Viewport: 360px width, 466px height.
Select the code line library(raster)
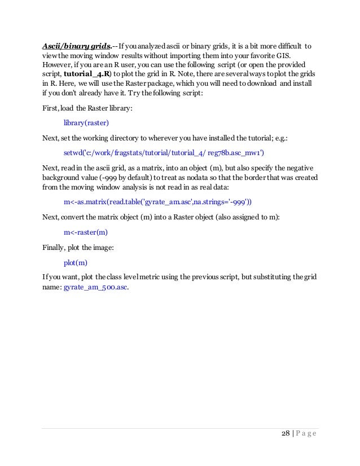click(x=86, y=121)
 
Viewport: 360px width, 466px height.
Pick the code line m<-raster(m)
click(x=86, y=232)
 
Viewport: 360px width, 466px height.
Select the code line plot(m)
click(x=76, y=262)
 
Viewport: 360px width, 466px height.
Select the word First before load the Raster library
click(x=50, y=107)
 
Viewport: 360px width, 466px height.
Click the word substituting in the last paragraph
click(x=264, y=278)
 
